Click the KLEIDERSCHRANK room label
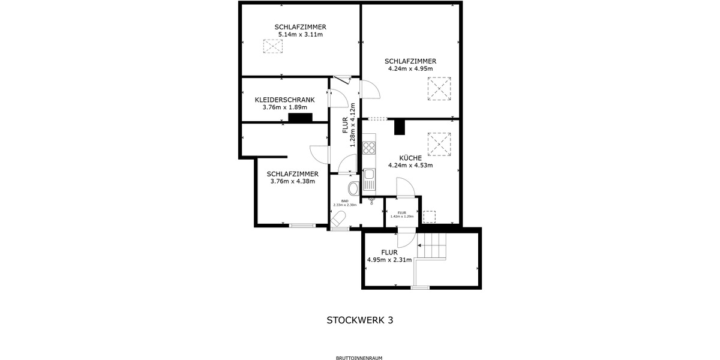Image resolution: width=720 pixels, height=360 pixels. coord(285,100)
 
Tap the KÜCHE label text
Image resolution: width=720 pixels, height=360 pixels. coord(410,158)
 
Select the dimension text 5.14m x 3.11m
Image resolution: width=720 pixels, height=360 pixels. coord(300,35)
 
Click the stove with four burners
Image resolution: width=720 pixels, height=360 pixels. coord(369,148)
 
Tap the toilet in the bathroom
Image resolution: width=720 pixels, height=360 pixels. coord(353,188)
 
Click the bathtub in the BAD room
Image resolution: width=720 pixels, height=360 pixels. coord(339,219)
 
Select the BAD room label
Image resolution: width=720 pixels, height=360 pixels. coord(345,201)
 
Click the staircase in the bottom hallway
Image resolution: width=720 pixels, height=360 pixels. coord(433,245)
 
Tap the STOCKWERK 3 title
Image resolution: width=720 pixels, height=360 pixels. coord(360,320)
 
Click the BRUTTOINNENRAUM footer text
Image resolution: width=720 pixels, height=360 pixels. coord(359,358)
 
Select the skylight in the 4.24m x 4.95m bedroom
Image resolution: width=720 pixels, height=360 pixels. coord(439,89)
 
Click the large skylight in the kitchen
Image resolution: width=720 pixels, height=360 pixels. coord(439,143)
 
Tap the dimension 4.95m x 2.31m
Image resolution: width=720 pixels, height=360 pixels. coord(389,260)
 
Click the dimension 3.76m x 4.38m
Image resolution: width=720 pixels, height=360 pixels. coord(293,181)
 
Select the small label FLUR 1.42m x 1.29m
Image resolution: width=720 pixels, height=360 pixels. coord(402,214)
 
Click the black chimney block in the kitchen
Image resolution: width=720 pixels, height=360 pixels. coord(399,127)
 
